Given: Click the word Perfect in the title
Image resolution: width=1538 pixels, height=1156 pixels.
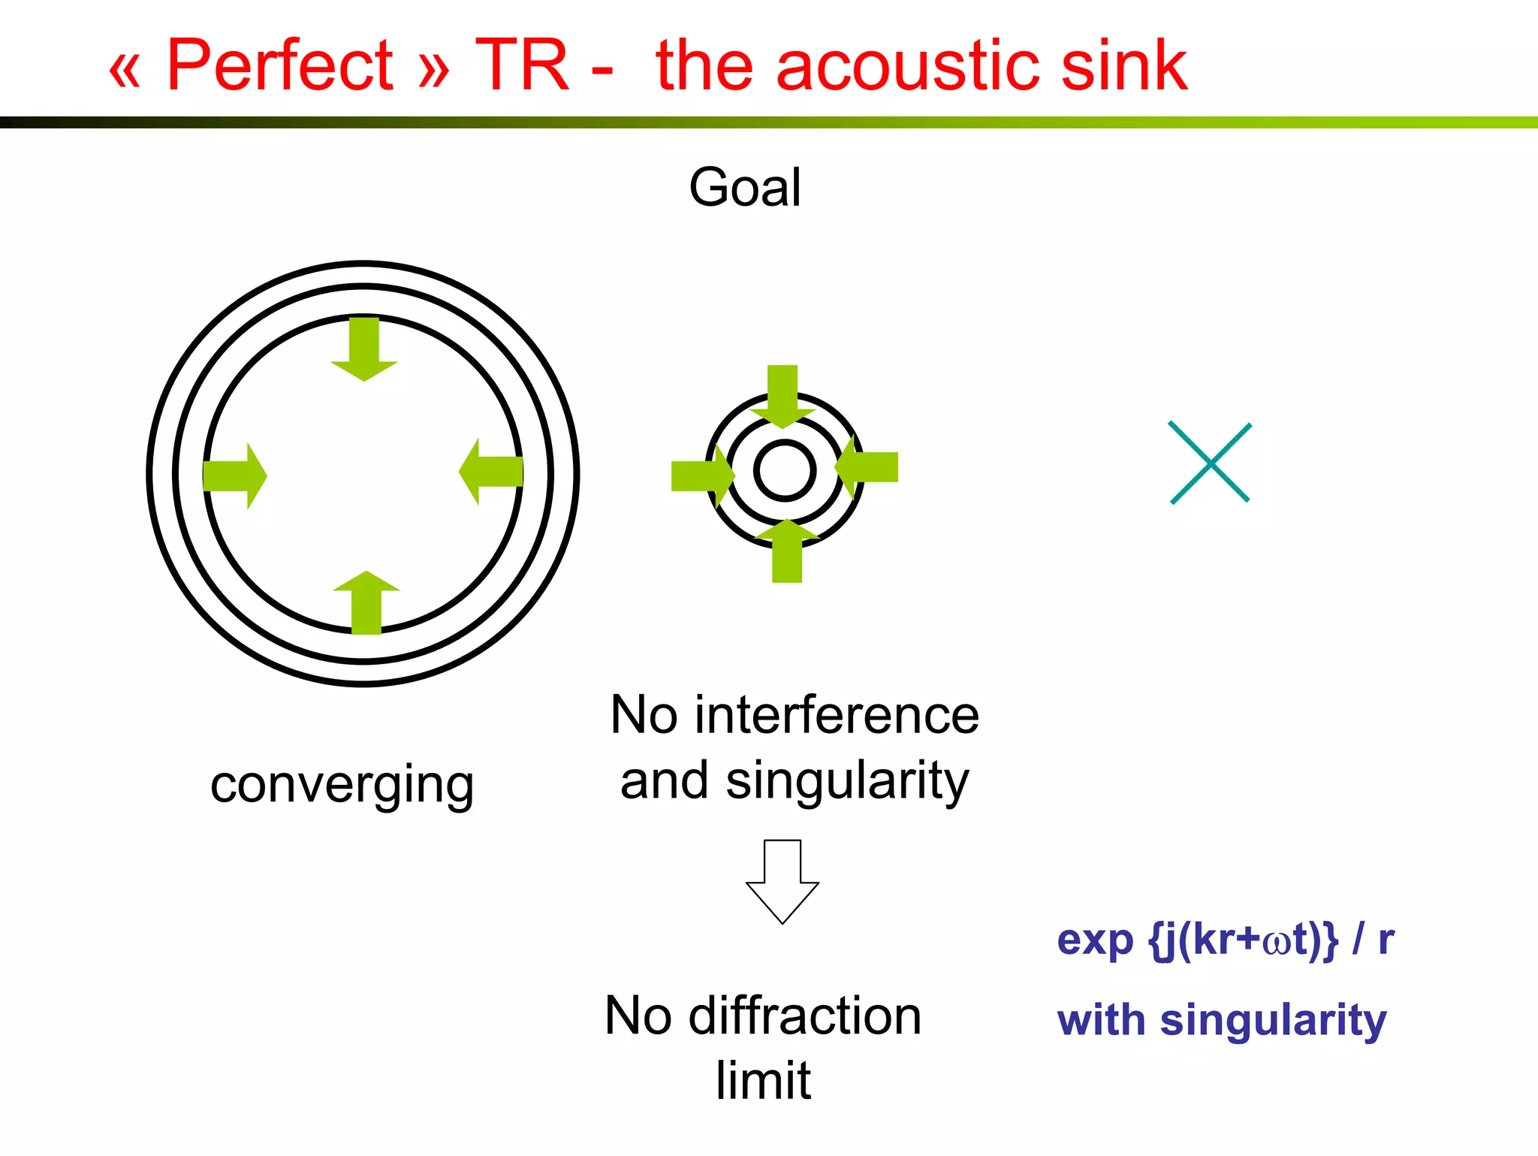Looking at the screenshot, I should (279, 66).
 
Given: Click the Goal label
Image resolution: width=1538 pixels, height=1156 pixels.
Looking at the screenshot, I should (745, 188).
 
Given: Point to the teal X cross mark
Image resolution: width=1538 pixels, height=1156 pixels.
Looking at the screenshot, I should (1210, 463).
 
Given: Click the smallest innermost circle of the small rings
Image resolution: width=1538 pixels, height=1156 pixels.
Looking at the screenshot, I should (784, 471).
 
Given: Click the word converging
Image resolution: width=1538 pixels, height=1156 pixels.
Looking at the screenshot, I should (342, 786).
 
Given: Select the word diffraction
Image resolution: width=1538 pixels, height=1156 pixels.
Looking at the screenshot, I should (805, 1016).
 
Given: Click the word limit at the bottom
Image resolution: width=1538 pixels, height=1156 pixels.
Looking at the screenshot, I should (763, 1081).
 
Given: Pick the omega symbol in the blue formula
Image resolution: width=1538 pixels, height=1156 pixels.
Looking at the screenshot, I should (1276, 941).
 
